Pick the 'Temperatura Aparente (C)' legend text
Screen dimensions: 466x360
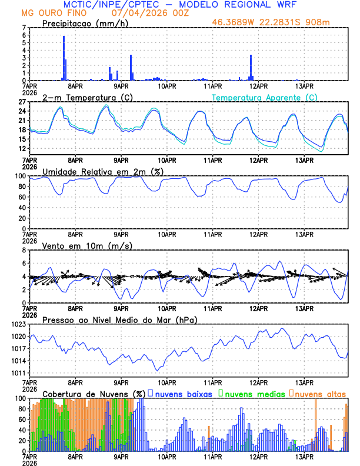[x=264, y=97]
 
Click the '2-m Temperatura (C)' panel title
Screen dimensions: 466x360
[x=81, y=97]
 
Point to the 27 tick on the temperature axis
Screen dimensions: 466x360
[x=23, y=102]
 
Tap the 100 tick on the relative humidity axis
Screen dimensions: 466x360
[x=21, y=176]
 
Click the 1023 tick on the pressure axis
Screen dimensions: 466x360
[x=18, y=324]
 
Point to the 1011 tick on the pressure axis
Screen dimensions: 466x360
[x=18, y=374]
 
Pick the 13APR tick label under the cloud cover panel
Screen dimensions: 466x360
[x=304, y=457]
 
